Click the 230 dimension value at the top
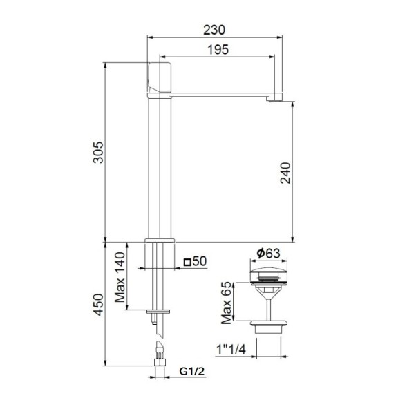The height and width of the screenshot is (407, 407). coord(216,30)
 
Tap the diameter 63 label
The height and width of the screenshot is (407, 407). coord(266,254)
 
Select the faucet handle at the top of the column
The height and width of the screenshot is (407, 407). coord(160,79)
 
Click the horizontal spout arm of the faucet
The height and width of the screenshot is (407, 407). coord(221,95)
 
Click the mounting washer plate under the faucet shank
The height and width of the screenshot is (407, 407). coord(160,312)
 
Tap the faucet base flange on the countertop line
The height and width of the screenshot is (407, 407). coord(160,240)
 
